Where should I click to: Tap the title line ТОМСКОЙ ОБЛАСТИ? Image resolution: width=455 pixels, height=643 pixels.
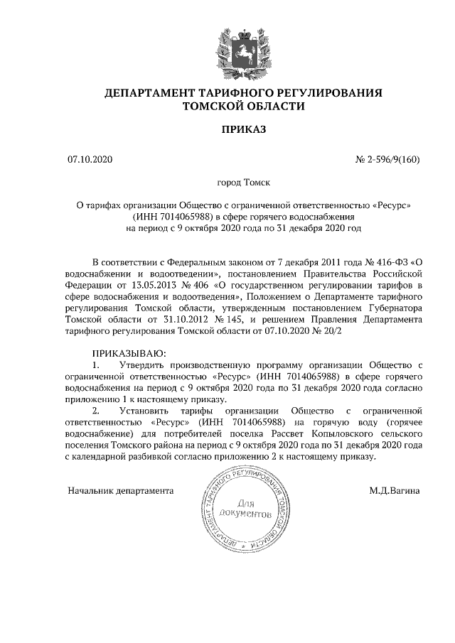(243, 107)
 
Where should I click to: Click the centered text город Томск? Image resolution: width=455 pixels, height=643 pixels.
(242, 183)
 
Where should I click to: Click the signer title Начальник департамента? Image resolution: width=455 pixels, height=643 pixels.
(121, 490)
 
